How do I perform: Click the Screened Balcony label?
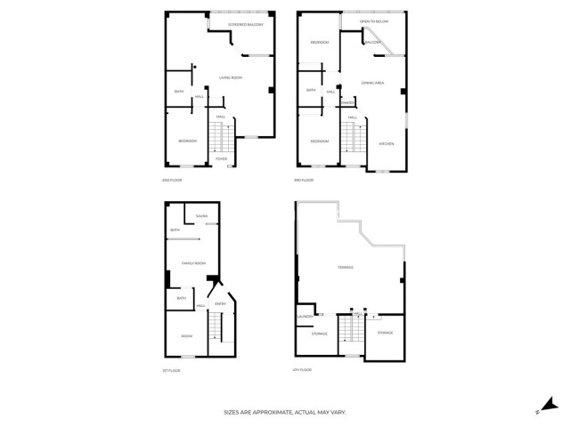[x=246, y=25]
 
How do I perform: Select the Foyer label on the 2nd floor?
[x=233, y=159]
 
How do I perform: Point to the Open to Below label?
[x=373, y=20]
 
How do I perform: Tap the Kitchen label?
[x=387, y=143]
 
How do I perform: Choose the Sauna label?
[x=201, y=216]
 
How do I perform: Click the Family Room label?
[x=193, y=263]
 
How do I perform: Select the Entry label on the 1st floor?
[x=220, y=304]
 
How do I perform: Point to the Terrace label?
[x=346, y=268]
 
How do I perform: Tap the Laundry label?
[x=303, y=316]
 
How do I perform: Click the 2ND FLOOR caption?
[x=171, y=181]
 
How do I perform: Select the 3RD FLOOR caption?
[x=304, y=181]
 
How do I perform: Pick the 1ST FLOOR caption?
[x=171, y=370]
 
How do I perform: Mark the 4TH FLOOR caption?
[x=303, y=370]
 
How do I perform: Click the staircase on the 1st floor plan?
[x=218, y=336]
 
